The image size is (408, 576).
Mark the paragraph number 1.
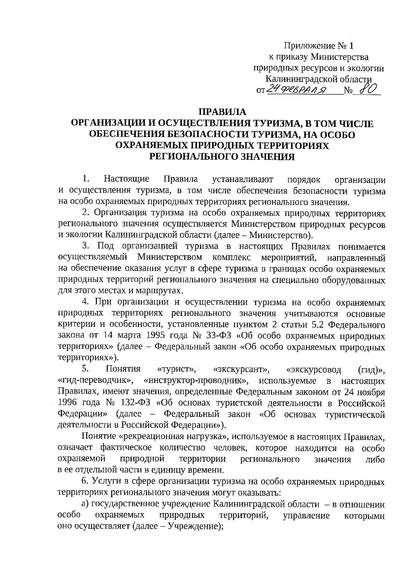86,179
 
